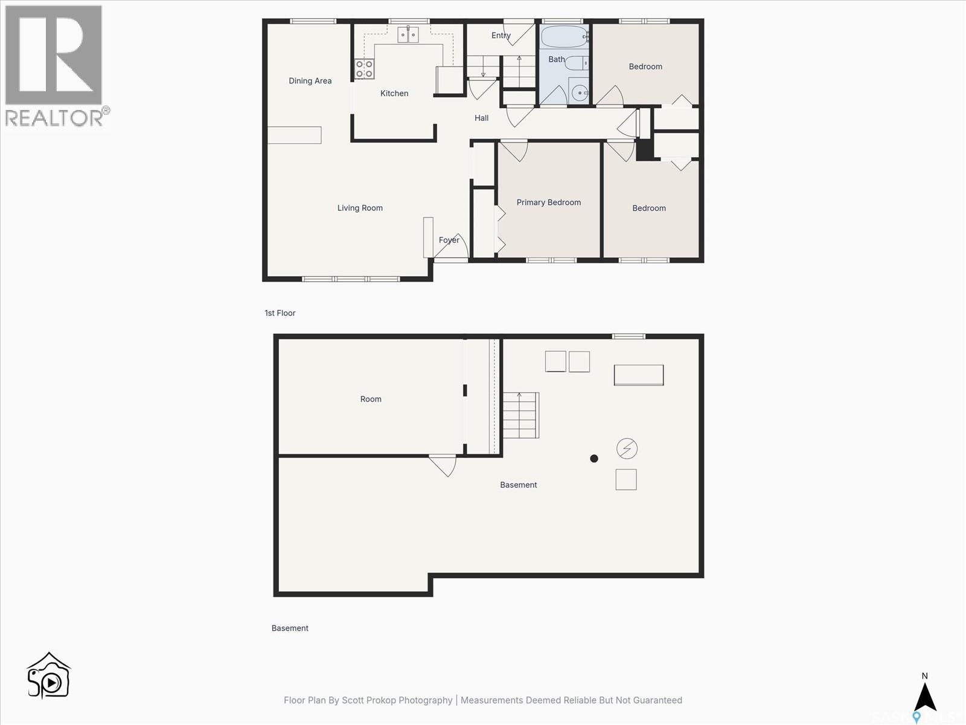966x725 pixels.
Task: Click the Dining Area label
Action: pyautogui.click(x=310, y=81)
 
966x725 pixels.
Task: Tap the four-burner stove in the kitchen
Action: pyautogui.click(x=364, y=69)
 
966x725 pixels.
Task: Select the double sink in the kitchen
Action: pyautogui.click(x=408, y=35)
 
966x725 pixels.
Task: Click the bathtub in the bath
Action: pyautogui.click(x=564, y=36)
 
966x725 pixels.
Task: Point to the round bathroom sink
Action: pyautogui.click(x=579, y=92)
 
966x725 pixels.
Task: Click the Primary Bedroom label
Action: pyautogui.click(x=548, y=202)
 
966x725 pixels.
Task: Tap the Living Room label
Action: pyautogui.click(x=360, y=208)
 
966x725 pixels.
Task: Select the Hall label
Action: pyautogui.click(x=481, y=118)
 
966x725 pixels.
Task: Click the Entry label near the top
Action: pyautogui.click(x=501, y=36)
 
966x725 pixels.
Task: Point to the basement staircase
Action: pyautogui.click(x=520, y=415)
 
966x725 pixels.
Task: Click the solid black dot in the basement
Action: pyautogui.click(x=594, y=459)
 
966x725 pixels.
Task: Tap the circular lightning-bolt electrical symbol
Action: pyautogui.click(x=627, y=448)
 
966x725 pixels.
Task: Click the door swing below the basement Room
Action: pyautogui.click(x=444, y=465)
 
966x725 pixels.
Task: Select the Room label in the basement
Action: pyautogui.click(x=371, y=399)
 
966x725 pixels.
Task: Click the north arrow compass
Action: pyautogui.click(x=925, y=695)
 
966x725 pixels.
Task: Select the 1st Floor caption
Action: pyautogui.click(x=280, y=313)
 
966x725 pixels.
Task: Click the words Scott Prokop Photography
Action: pyautogui.click(x=397, y=700)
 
